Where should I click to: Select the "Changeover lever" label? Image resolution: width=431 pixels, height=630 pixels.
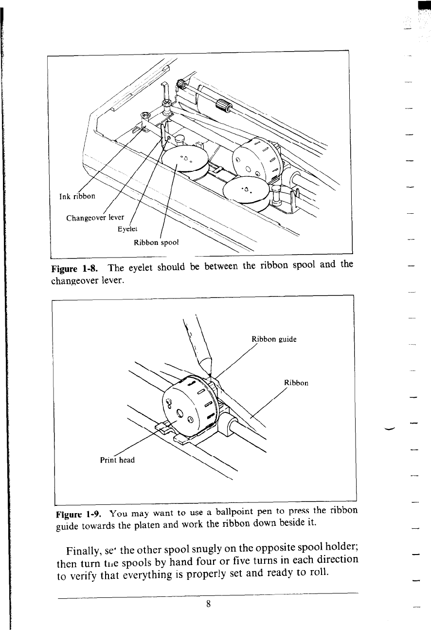(95, 217)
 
